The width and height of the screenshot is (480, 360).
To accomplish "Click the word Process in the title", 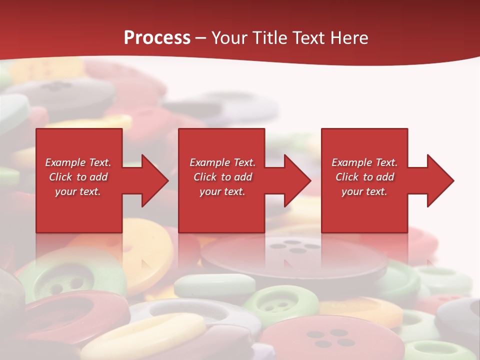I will click(157, 38).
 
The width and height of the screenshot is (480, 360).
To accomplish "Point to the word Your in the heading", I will click(230, 38).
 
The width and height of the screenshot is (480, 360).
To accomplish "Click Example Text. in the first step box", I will click(78, 162).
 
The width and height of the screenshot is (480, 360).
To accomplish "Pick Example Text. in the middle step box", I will click(222, 162).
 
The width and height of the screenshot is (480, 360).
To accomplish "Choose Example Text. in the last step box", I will click(364, 162).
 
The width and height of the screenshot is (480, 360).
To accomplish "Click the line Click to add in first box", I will click(78, 177).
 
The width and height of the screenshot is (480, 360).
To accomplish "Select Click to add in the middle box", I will click(222, 177).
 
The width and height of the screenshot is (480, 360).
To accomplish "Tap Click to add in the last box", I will click(364, 177).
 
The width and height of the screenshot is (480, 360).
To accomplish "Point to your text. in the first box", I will click(78, 191).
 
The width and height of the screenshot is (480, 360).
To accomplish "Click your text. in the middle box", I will click(222, 191).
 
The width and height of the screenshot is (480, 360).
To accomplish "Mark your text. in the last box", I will click(364, 191).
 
